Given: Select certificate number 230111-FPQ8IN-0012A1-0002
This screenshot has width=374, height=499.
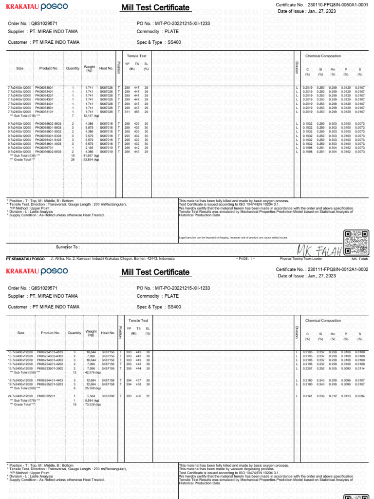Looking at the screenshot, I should tap(337, 269).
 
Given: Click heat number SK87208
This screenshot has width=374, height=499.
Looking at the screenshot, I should tap(106, 396).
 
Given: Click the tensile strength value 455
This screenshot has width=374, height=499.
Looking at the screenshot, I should tap(137, 112).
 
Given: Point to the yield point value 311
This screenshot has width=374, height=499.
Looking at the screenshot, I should tap(127, 112).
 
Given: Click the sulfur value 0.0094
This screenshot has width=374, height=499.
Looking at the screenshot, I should tap(359, 396).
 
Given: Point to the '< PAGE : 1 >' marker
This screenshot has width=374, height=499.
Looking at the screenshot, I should tap(245, 258).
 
